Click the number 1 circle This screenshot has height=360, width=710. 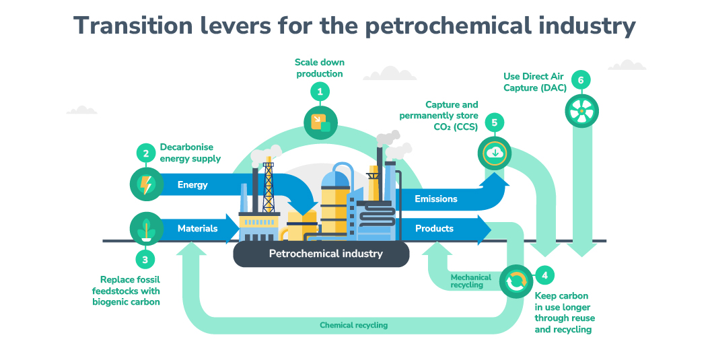click(320, 92)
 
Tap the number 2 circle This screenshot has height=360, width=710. click(146, 153)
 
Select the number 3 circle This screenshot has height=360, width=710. click(145, 260)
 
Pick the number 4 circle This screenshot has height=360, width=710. click(544, 275)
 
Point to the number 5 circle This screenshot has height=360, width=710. click(495, 122)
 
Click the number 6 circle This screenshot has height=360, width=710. click(581, 80)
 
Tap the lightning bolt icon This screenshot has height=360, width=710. click(146, 184)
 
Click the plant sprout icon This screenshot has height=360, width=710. click(146, 229)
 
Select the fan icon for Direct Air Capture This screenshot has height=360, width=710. click(582, 111)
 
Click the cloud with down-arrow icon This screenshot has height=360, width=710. click(495, 153)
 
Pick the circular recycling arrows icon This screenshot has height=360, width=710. click(517, 281)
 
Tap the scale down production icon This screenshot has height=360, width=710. click(320, 122)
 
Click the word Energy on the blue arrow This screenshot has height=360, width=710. click(192, 185)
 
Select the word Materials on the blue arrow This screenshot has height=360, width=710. click(197, 228)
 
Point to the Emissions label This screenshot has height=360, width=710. click(436, 199)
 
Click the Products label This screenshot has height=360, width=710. click(434, 228)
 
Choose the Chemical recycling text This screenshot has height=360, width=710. click(353, 325)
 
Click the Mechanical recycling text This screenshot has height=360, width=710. click(470, 281)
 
